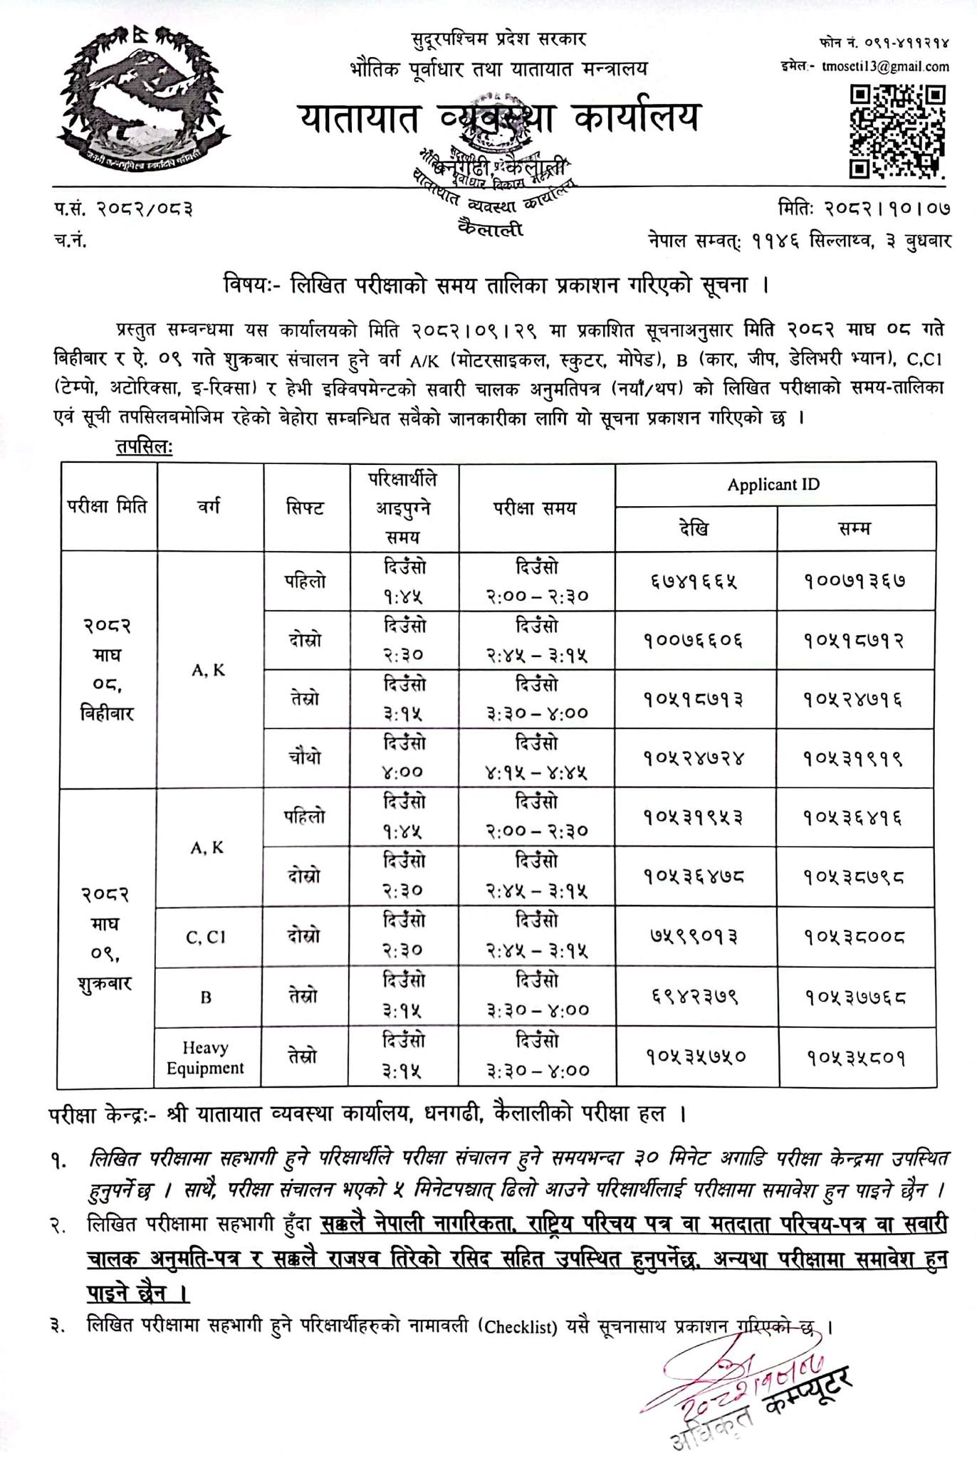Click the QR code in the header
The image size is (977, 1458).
tap(898, 131)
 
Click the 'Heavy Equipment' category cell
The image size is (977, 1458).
tap(205, 1057)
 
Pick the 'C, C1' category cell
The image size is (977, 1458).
tap(205, 937)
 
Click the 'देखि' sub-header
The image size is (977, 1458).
tap(694, 529)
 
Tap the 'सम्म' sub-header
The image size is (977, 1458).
tap(855, 529)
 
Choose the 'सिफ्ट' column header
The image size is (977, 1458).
tap(305, 508)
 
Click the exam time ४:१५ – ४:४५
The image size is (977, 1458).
tap(537, 772)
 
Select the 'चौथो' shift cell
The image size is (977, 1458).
tap(305, 757)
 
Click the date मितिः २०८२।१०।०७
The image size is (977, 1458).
tap(864, 209)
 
